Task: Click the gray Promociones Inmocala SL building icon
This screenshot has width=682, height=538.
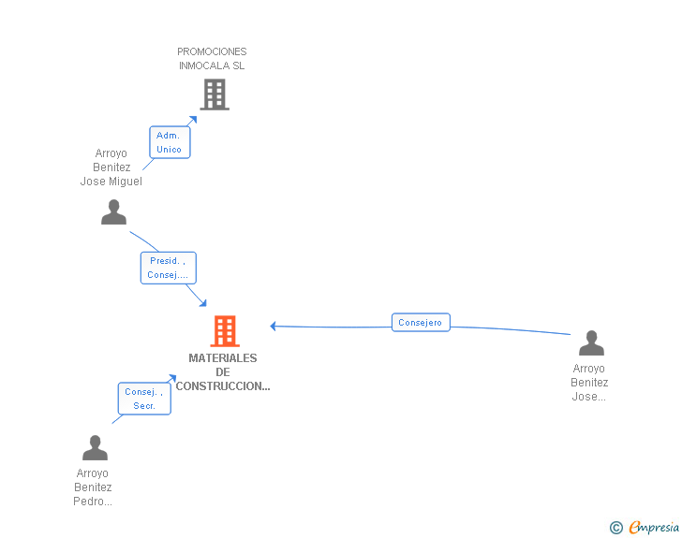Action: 215,94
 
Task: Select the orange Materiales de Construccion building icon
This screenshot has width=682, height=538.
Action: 224,331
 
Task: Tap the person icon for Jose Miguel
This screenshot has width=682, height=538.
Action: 113,212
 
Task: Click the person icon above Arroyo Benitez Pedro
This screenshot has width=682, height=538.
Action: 95,448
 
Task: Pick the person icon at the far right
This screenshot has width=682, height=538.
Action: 591,343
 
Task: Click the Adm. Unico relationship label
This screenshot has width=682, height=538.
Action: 170,142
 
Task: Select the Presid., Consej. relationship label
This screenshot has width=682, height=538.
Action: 168,268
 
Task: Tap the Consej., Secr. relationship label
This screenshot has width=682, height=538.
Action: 144,399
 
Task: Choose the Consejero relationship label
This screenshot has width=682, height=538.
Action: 421,323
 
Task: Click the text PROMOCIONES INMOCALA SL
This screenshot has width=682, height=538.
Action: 213,59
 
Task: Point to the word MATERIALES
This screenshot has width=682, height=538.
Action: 223,358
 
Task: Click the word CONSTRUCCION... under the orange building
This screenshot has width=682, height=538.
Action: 223,386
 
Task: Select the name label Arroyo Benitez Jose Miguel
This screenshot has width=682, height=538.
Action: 111,167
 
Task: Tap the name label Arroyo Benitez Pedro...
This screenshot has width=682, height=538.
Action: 93,487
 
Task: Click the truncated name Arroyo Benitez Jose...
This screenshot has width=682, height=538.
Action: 589,383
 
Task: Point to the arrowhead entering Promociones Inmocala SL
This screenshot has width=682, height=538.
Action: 193,119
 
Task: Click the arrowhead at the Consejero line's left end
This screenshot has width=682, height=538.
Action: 274,327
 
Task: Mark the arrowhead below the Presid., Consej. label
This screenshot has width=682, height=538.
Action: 203,304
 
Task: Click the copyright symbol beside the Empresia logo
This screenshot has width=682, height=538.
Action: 615,528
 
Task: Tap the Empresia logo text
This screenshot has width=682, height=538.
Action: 654,527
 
